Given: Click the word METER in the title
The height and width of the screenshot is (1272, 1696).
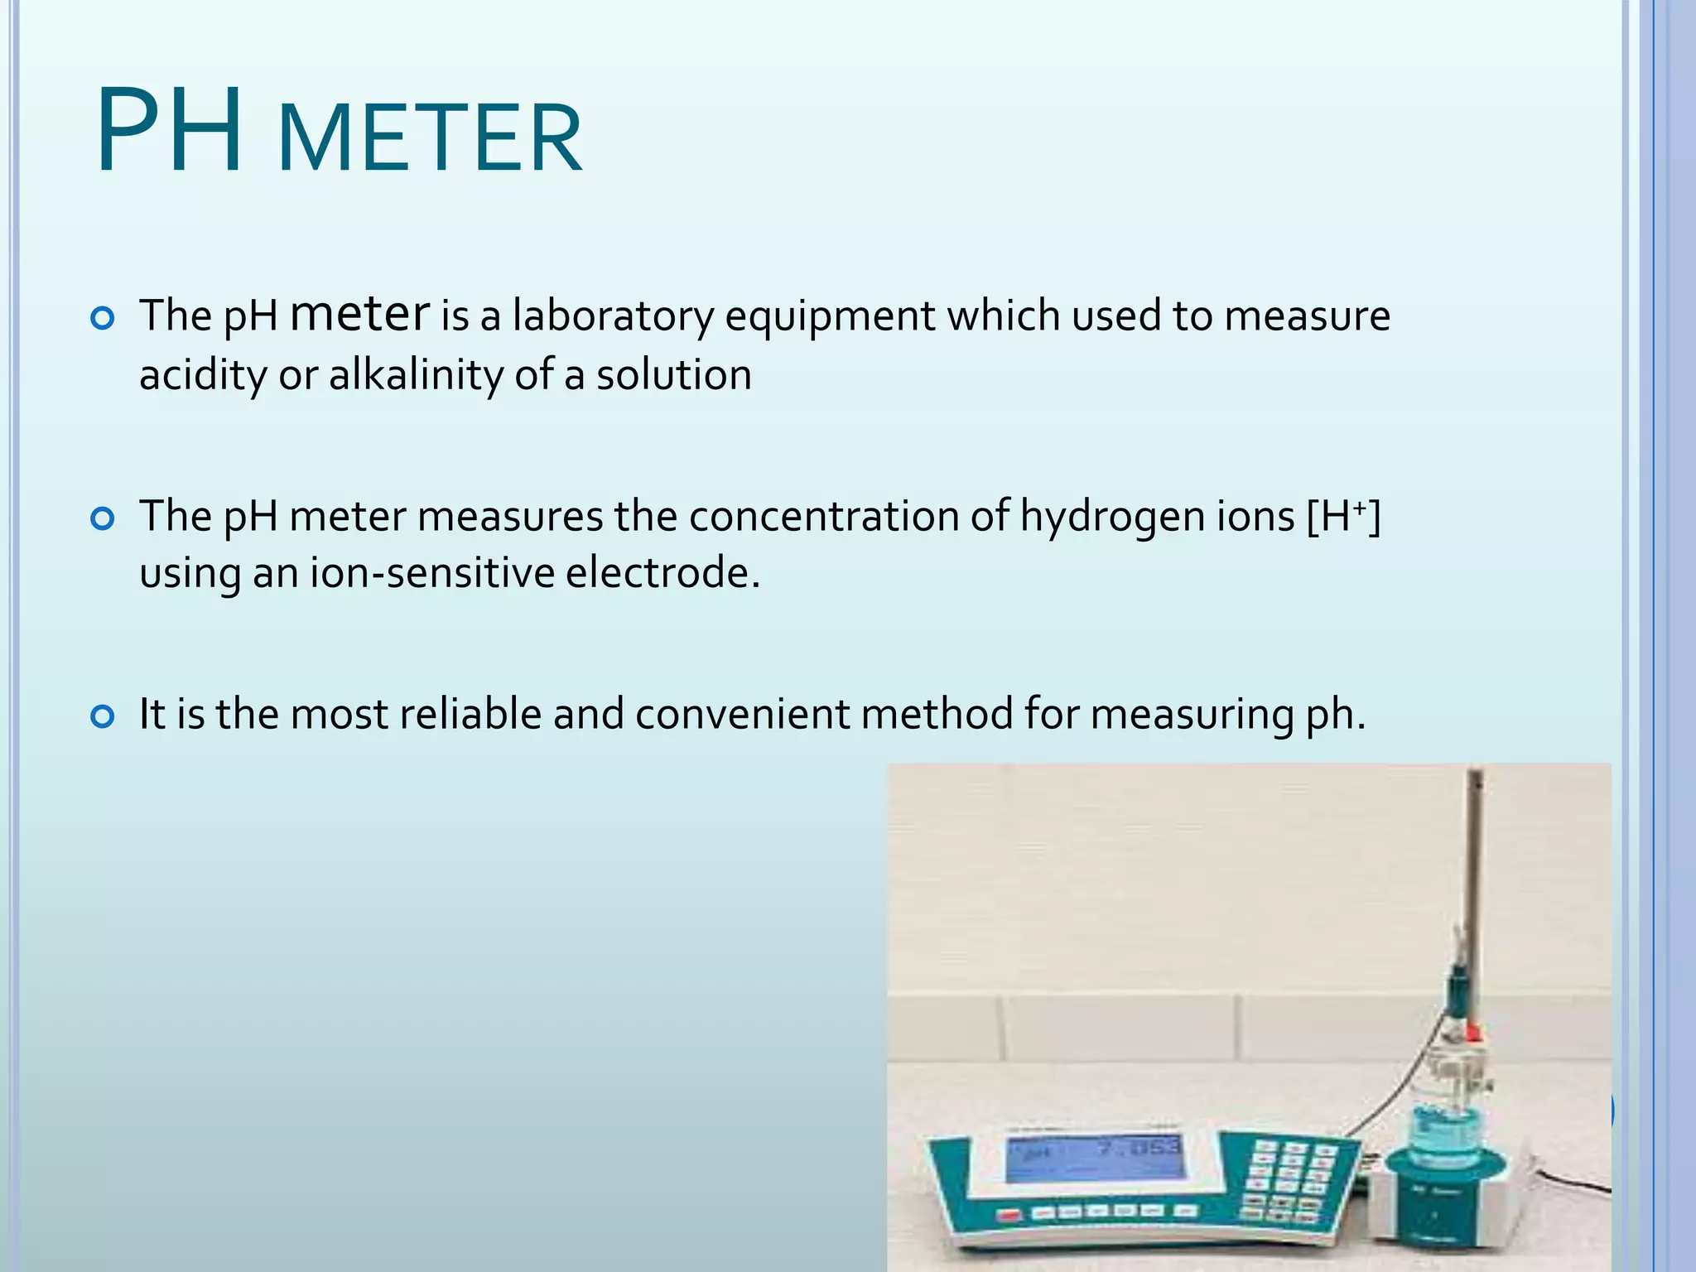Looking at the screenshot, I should [x=431, y=137].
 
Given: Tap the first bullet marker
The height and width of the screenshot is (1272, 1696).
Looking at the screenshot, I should [x=102, y=318].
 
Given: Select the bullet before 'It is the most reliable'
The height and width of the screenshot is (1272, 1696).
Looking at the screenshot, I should [x=102, y=716].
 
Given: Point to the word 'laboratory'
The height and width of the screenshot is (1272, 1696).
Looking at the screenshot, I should [x=612, y=316].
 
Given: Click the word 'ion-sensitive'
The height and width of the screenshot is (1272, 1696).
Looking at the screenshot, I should [x=431, y=573].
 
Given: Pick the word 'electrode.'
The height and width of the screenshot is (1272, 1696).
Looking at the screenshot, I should [x=662, y=573].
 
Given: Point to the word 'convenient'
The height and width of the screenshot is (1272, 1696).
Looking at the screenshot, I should [x=742, y=714].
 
